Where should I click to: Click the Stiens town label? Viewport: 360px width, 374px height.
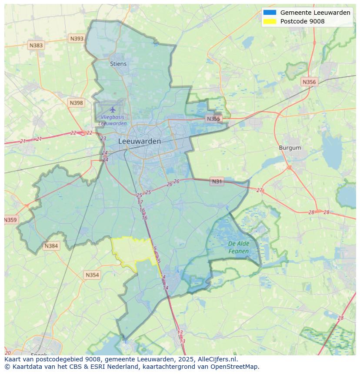[118, 64]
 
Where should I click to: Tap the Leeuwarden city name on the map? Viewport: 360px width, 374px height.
[140, 141]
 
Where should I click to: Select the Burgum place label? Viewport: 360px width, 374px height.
[290, 148]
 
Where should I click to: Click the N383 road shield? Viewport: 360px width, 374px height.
[36, 45]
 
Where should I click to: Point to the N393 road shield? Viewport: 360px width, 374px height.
[77, 39]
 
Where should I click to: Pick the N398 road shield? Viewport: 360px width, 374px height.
[76, 103]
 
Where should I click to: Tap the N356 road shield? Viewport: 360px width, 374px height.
[309, 82]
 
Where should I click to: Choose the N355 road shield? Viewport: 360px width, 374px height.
[213, 119]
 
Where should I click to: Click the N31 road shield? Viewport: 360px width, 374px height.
[217, 182]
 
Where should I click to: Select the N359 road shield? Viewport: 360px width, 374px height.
[10, 220]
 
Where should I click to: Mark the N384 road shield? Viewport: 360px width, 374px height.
[51, 246]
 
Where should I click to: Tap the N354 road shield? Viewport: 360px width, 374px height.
[92, 275]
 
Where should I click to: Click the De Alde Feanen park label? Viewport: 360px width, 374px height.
[239, 248]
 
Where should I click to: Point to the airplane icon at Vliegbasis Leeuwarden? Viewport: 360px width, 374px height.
[113, 109]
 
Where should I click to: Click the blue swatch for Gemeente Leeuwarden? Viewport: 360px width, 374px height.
[270, 13]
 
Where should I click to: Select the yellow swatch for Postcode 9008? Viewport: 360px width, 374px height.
[270, 21]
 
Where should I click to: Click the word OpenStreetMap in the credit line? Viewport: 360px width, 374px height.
[235, 367]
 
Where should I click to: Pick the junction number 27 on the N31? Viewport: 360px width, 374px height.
[260, 190]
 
